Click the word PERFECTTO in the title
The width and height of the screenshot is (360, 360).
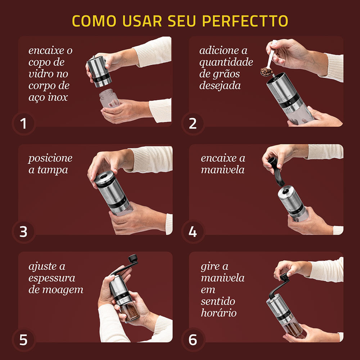(x=245, y=21)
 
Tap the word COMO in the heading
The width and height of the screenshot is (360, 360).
(x=94, y=21)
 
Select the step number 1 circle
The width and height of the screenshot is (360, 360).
(x=24, y=123)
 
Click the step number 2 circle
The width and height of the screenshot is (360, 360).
(x=193, y=123)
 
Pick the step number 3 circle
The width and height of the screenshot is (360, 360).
(x=24, y=231)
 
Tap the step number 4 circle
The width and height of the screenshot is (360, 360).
(x=193, y=231)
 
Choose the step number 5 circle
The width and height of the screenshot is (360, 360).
(x=24, y=339)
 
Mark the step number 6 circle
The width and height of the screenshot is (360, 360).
(x=193, y=339)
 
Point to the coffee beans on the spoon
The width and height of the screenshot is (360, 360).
(x=266, y=72)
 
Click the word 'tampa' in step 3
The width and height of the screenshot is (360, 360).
(x=53, y=170)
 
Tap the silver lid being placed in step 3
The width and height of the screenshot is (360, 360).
(x=105, y=178)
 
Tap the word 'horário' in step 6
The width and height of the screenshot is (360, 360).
(x=219, y=313)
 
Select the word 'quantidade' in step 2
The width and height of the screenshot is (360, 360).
(x=226, y=62)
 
